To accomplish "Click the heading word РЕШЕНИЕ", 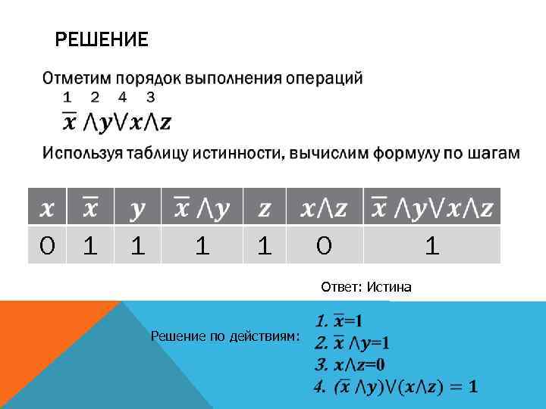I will [x=102, y=39].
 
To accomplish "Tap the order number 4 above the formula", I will [x=122, y=97].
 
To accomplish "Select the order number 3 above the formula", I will [x=151, y=97].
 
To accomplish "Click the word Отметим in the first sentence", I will [x=74, y=78].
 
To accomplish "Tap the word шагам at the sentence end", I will [x=494, y=154].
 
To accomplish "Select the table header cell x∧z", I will [x=324, y=208].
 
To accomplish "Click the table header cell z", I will [x=264, y=208].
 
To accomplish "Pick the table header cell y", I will [x=137, y=208].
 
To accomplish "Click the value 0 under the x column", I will [x=46, y=245].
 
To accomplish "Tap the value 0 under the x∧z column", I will [x=324, y=245].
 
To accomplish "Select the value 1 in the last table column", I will [x=431, y=245].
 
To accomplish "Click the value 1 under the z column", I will [x=264, y=245].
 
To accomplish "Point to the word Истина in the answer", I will [x=390, y=287].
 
